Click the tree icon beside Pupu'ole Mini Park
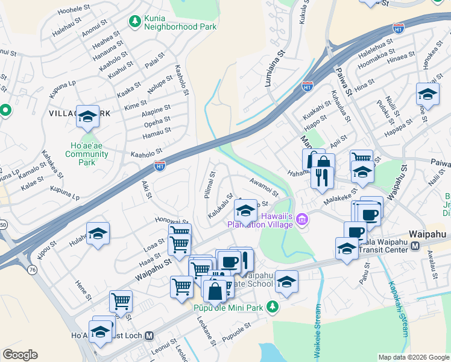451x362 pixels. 273,307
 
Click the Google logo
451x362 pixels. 20,355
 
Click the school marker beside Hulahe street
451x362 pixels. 98,234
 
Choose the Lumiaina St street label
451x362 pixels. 275,69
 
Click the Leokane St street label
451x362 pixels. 206,331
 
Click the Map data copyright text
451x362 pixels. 414,357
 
